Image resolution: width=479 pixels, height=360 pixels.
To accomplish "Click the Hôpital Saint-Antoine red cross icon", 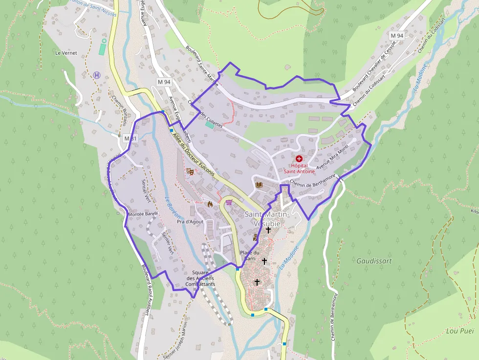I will pyautogui.click(x=299, y=159).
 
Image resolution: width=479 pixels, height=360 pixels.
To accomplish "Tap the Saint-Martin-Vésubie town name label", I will pyautogui.click(x=267, y=219).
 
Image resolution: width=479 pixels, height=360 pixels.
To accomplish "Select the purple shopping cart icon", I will pyautogui.click(x=228, y=202).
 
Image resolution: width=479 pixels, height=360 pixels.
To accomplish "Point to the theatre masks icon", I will pyautogui.click(x=190, y=171).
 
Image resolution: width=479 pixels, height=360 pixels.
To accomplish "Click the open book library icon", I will pyautogui.click(x=259, y=185).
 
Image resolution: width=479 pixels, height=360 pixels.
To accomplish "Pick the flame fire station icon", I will pyautogui.click(x=210, y=204).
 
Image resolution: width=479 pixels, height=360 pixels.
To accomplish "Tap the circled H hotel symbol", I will pyautogui.click(x=97, y=75).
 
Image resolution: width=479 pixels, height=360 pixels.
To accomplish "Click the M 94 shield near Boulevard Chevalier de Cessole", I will pyautogui.click(x=397, y=36).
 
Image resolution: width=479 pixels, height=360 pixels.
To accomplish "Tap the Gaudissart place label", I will pyautogui.click(x=374, y=261).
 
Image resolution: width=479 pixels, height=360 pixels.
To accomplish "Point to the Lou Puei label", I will pyautogui.click(x=460, y=331).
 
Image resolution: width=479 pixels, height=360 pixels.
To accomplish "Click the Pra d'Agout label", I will pyautogui.click(x=190, y=222).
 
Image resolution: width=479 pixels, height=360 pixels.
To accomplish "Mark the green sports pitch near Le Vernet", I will pyautogui.click(x=103, y=47).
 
